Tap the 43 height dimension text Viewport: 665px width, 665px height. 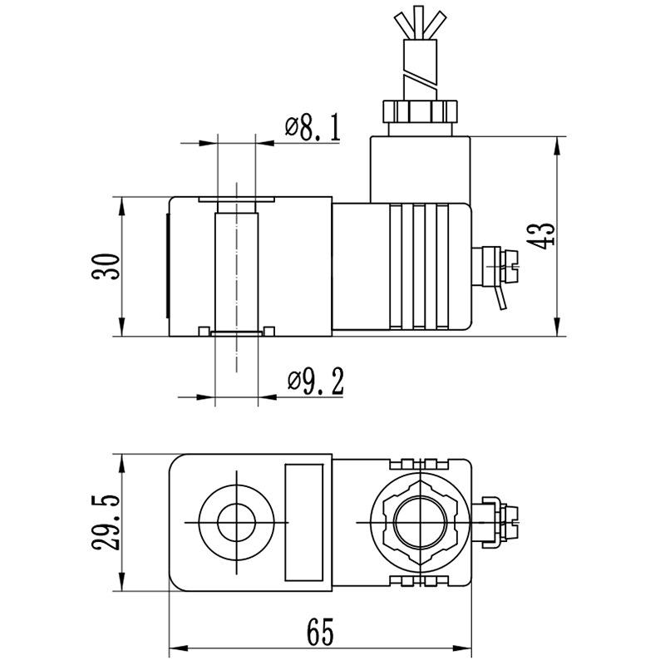(x=541, y=235)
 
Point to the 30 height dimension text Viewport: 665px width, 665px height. (x=106, y=266)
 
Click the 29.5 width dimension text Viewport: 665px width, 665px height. (x=106, y=522)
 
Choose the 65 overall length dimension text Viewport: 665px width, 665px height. (x=320, y=632)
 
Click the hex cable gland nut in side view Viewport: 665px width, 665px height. (x=420, y=111)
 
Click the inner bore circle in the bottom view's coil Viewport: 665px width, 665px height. (x=236, y=523)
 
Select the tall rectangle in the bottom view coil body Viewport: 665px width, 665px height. (x=303, y=522)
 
